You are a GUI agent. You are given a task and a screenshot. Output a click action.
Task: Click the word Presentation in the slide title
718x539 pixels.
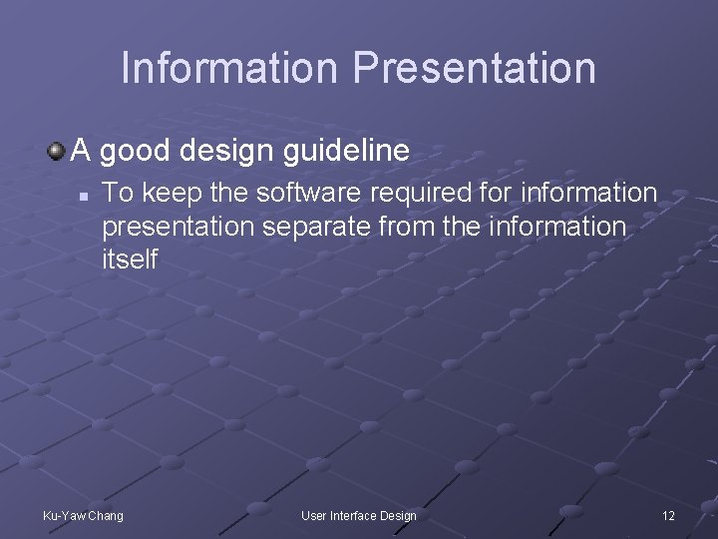(474, 68)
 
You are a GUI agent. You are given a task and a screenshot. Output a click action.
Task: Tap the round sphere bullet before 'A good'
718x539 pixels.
(56, 151)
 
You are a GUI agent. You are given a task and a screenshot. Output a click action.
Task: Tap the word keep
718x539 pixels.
(163, 192)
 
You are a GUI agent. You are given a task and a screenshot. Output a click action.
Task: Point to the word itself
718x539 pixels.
(130, 260)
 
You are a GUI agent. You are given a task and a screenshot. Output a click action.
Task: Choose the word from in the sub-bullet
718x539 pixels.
(408, 226)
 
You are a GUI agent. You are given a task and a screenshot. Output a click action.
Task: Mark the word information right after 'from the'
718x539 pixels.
(554, 226)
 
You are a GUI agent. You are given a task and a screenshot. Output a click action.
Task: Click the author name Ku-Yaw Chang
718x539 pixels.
(84, 515)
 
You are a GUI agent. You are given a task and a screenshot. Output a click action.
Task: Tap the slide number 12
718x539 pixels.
(668, 515)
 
